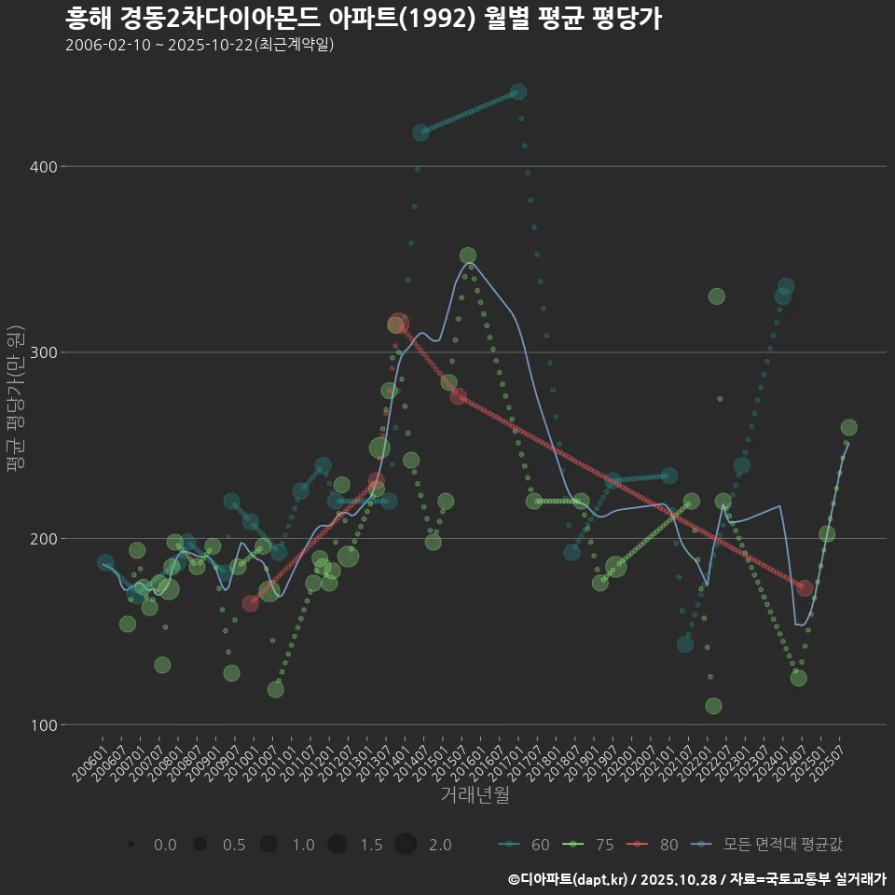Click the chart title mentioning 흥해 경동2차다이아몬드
364,19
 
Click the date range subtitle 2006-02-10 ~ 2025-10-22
200,45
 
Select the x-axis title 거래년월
475,795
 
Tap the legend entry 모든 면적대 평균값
769,845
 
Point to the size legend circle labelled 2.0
406,845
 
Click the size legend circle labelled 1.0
268,845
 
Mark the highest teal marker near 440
518,92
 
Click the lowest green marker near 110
713,706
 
